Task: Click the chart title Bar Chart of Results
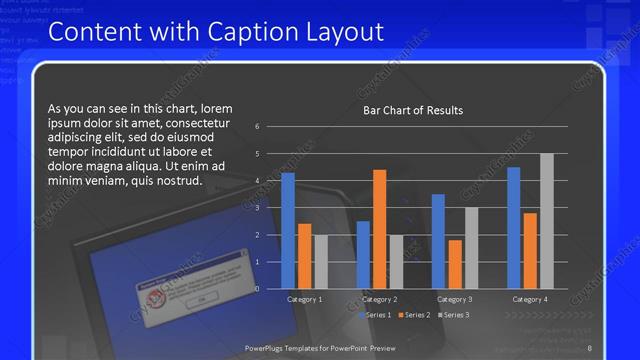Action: (412, 110)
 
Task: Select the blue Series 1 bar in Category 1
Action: (288, 230)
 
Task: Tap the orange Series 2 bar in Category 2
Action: (379, 229)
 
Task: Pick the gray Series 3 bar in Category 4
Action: (546, 221)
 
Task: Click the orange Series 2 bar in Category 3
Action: (455, 264)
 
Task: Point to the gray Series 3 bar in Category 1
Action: (320, 261)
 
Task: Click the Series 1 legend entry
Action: (376, 315)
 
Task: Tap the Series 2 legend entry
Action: (416, 315)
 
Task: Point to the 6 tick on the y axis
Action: (257, 127)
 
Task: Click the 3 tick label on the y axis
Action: (257, 208)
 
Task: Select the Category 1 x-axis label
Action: (304, 299)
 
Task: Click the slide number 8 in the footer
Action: (589, 347)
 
